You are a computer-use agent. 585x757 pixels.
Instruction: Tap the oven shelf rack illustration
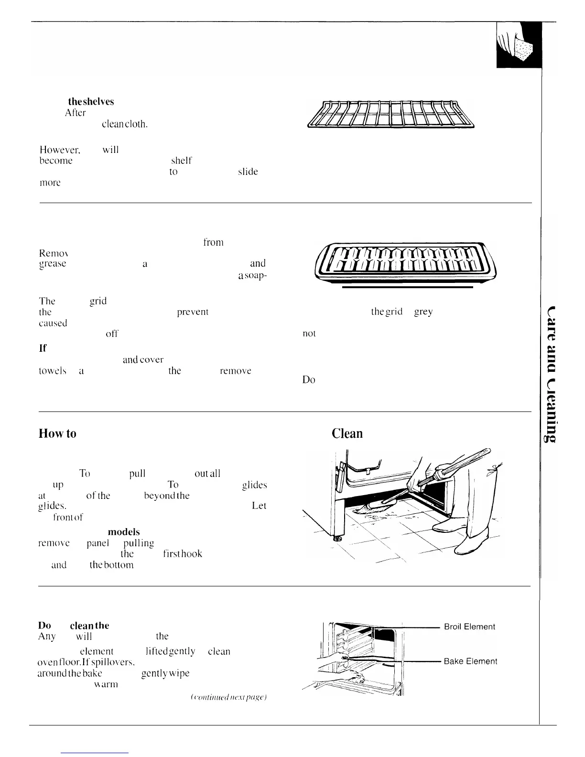coord(390,115)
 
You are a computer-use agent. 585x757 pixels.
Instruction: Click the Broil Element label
coord(469,627)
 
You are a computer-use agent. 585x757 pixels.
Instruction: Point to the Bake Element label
coord(470,661)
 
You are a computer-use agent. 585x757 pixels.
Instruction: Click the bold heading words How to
coord(57,433)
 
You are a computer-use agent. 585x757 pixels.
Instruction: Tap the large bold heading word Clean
coord(347,433)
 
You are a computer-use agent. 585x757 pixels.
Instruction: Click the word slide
coord(248,172)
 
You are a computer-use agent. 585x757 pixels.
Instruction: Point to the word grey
coord(423,312)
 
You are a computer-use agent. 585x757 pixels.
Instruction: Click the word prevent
coord(193,312)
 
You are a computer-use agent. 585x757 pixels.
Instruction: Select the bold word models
coord(124,531)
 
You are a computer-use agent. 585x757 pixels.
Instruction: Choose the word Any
coord(47,636)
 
